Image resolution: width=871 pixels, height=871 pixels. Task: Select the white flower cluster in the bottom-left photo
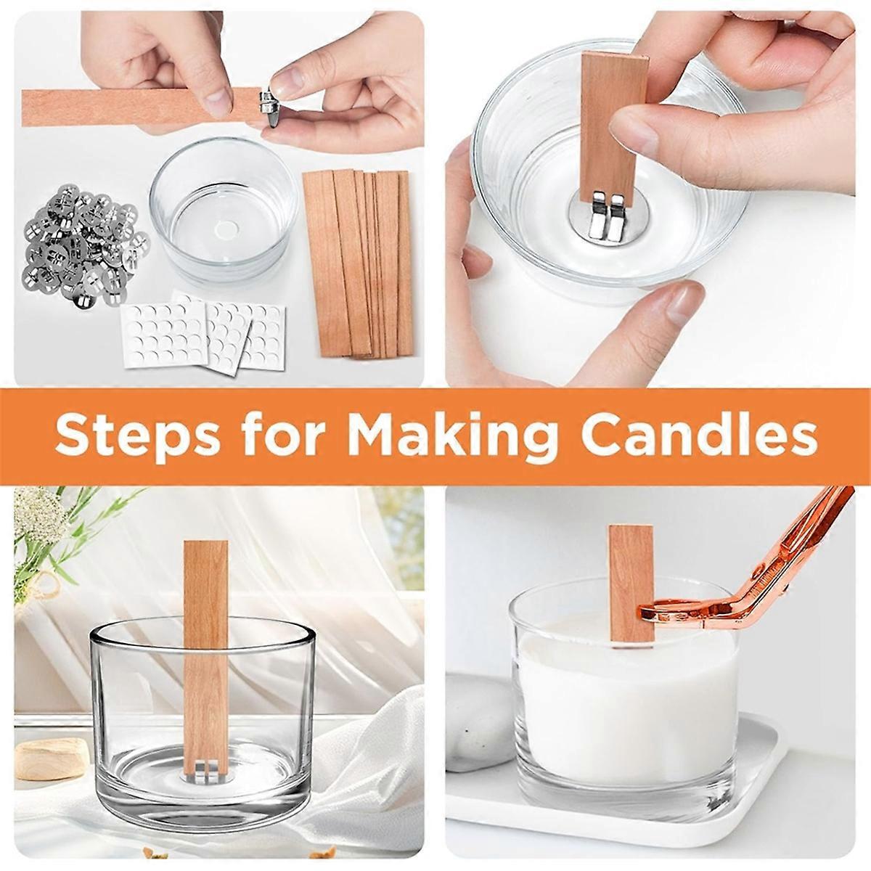(41, 514)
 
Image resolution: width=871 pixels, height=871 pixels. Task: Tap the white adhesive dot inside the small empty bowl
(224, 231)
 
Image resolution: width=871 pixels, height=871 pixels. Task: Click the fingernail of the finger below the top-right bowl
(682, 301)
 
